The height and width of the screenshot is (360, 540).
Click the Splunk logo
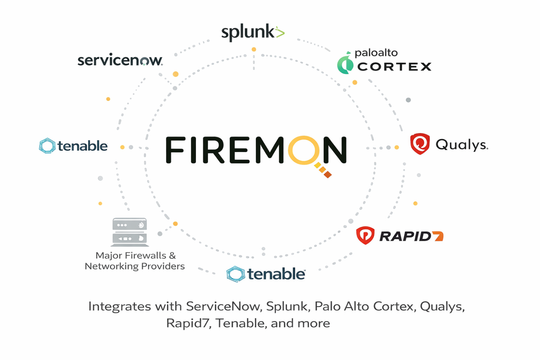pos(252,32)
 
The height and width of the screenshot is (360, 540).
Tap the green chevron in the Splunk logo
pos(280,32)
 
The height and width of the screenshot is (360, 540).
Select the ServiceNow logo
pos(120,60)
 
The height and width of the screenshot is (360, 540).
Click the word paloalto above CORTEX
pos(376,53)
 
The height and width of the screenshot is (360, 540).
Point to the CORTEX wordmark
pos(394,67)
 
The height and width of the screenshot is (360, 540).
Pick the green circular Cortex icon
pos(345,65)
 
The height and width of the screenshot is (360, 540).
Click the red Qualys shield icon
pos(420,144)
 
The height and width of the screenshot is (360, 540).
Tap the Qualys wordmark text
pos(462,145)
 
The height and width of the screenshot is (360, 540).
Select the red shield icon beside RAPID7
pos(365,235)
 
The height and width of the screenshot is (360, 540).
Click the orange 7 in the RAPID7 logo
pos(438,236)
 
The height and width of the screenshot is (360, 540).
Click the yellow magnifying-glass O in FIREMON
pos(303,150)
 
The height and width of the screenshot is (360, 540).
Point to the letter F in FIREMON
pos(175,150)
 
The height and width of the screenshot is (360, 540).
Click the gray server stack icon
pos(130,232)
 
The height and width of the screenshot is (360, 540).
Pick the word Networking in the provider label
pos(111,266)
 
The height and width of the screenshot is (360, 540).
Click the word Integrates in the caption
pos(119,306)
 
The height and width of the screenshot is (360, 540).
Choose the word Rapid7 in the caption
pos(188,323)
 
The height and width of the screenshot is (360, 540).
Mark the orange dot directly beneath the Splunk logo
pos(254,49)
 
